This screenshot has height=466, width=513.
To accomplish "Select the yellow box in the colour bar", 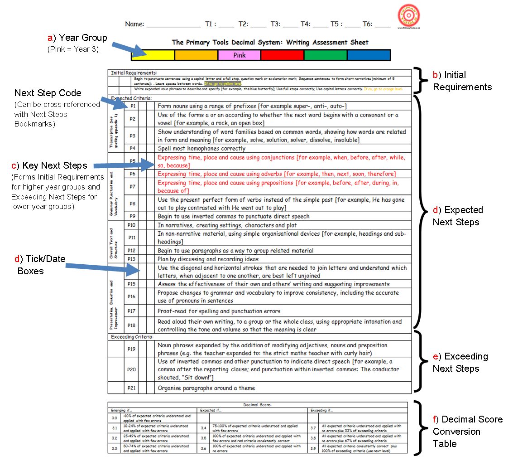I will coord(153,55).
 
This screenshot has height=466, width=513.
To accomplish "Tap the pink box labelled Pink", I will coord(239,55).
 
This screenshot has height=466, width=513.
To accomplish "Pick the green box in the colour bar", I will coord(325,55).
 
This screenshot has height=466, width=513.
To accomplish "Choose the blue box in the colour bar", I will coord(369,55).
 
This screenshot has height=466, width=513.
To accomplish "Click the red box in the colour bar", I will coord(282,55).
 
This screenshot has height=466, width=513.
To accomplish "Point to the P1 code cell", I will coord(133,106).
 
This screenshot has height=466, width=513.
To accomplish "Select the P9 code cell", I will coord(132,216).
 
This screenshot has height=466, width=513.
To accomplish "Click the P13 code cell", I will coord(132,259).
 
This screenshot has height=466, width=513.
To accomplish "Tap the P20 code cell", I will coord(132,369).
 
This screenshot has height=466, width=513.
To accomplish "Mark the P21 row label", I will coord(132,388).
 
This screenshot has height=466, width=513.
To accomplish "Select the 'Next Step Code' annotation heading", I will coord(48,93).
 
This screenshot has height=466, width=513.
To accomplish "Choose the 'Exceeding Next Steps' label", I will coord(460,362).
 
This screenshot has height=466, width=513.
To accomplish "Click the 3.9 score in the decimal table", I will coord(313,448).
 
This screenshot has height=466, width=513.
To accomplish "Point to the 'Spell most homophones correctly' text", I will coord(201,148).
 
